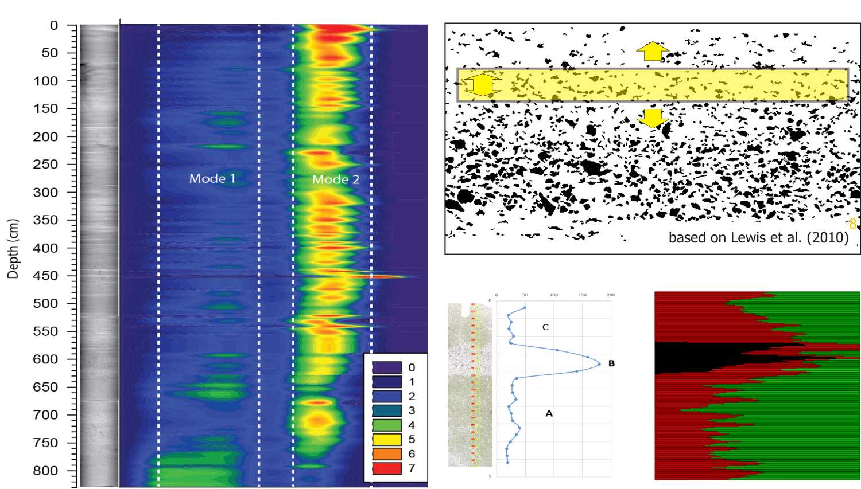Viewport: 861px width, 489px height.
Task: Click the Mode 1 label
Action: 212,178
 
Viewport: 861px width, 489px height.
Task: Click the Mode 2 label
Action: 336,179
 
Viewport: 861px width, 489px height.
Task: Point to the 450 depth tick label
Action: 45,275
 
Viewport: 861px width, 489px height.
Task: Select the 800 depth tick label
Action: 45,470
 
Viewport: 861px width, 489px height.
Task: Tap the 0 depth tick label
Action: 54,25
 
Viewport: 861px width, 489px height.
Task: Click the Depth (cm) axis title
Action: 13,248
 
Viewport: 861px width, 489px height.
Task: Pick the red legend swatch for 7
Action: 386,468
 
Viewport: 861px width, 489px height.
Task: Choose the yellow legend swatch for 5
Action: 386,439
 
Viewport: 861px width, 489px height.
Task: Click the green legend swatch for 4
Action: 386,425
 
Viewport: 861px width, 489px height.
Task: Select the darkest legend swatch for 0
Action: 386,367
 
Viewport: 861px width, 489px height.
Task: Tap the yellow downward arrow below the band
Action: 652,118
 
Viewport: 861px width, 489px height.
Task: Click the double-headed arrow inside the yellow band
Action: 482,85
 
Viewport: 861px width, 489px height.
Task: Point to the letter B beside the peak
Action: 611,363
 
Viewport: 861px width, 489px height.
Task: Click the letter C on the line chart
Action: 545,327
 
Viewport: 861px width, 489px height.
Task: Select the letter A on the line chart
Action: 549,413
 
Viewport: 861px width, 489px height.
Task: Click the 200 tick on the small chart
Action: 611,295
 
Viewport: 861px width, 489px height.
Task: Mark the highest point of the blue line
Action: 599,364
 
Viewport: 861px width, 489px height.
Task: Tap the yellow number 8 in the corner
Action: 852,224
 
